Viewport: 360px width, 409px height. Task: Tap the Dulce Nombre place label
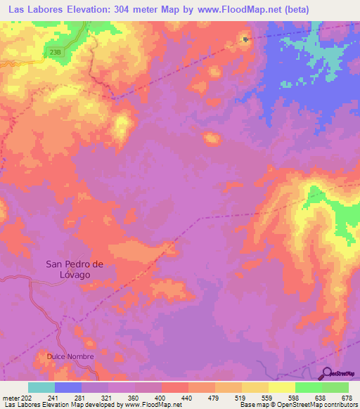tap(70, 356)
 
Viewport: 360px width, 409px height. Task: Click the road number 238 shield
tap(57, 52)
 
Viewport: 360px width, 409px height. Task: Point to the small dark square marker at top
tap(245, 39)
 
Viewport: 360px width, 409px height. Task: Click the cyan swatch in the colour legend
tap(41, 387)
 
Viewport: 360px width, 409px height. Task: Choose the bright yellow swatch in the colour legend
tap(281, 387)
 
